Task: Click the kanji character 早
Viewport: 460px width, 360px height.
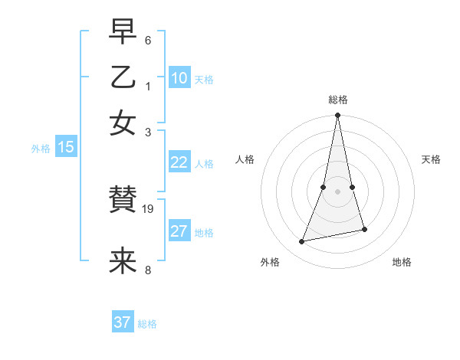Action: pyautogui.click(x=123, y=33)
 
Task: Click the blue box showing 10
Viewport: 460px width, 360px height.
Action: pyautogui.click(x=179, y=78)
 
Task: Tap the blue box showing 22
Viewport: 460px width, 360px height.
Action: pyautogui.click(x=179, y=162)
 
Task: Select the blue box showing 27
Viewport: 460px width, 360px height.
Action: pyautogui.click(x=179, y=231)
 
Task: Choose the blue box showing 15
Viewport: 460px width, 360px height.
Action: pyautogui.click(x=66, y=148)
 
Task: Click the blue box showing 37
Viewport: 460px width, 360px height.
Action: pyautogui.click(x=123, y=322)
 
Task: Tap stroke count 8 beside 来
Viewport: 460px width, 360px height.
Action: pyautogui.click(x=148, y=270)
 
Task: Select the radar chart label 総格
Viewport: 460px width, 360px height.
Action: pyautogui.click(x=338, y=100)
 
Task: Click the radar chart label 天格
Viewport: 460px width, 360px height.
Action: pyautogui.click(x=431, y=159)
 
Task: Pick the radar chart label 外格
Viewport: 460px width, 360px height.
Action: pyautogui.click(x=270, y=262)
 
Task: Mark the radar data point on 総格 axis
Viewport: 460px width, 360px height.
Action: pyautogui.click(x=338, y=116)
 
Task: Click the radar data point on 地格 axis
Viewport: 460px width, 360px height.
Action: pyautogui.click(x=364, y=229)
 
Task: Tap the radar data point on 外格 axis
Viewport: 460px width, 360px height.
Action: pyautogui.click(x=302, y=242)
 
